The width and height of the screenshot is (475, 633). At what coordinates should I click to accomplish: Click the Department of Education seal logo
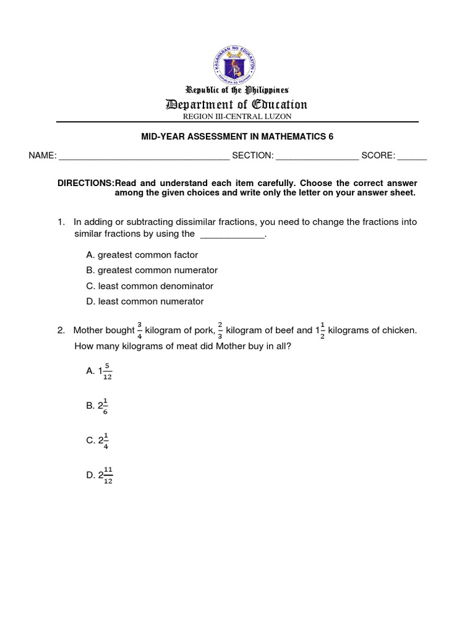click(x=237, y=57)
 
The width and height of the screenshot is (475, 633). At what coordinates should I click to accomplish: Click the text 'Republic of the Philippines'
click(x=237, y=90)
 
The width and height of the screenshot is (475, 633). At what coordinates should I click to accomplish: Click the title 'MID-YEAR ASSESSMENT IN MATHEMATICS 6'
click(x=237, y=137)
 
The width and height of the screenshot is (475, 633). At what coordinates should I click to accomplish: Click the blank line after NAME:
click(x=143, y=156)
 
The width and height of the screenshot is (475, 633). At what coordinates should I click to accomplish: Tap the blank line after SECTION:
click(x=317, y=156)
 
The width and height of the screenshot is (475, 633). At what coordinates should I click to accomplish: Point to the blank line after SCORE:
click(x=412, y=156)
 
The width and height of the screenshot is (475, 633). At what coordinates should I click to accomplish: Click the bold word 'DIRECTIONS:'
click(x=86, y=183)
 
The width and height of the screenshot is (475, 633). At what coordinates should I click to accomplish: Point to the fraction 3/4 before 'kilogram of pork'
click(x=139, y=331)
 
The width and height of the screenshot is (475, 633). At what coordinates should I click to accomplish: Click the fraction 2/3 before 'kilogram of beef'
click(x=220, y=331)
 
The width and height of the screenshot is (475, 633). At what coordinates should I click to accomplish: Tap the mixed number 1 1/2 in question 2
click(x=320, y=331)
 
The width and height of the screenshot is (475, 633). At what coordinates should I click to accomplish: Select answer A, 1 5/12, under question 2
click(x=100, y=371)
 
